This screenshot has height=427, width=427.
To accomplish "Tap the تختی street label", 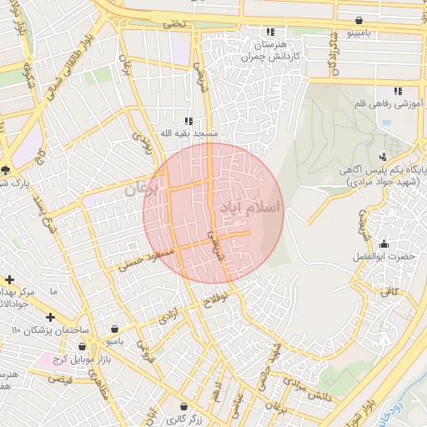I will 176,24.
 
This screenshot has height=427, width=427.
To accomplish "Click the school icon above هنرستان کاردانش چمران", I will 269,31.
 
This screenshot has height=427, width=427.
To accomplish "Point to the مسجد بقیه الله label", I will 191,133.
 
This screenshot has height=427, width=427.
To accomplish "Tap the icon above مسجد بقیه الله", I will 188,120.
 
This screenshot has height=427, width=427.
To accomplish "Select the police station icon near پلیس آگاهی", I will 383,156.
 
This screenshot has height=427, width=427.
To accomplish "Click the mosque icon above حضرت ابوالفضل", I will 384,244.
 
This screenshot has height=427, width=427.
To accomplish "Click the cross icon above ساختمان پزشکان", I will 51,317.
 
